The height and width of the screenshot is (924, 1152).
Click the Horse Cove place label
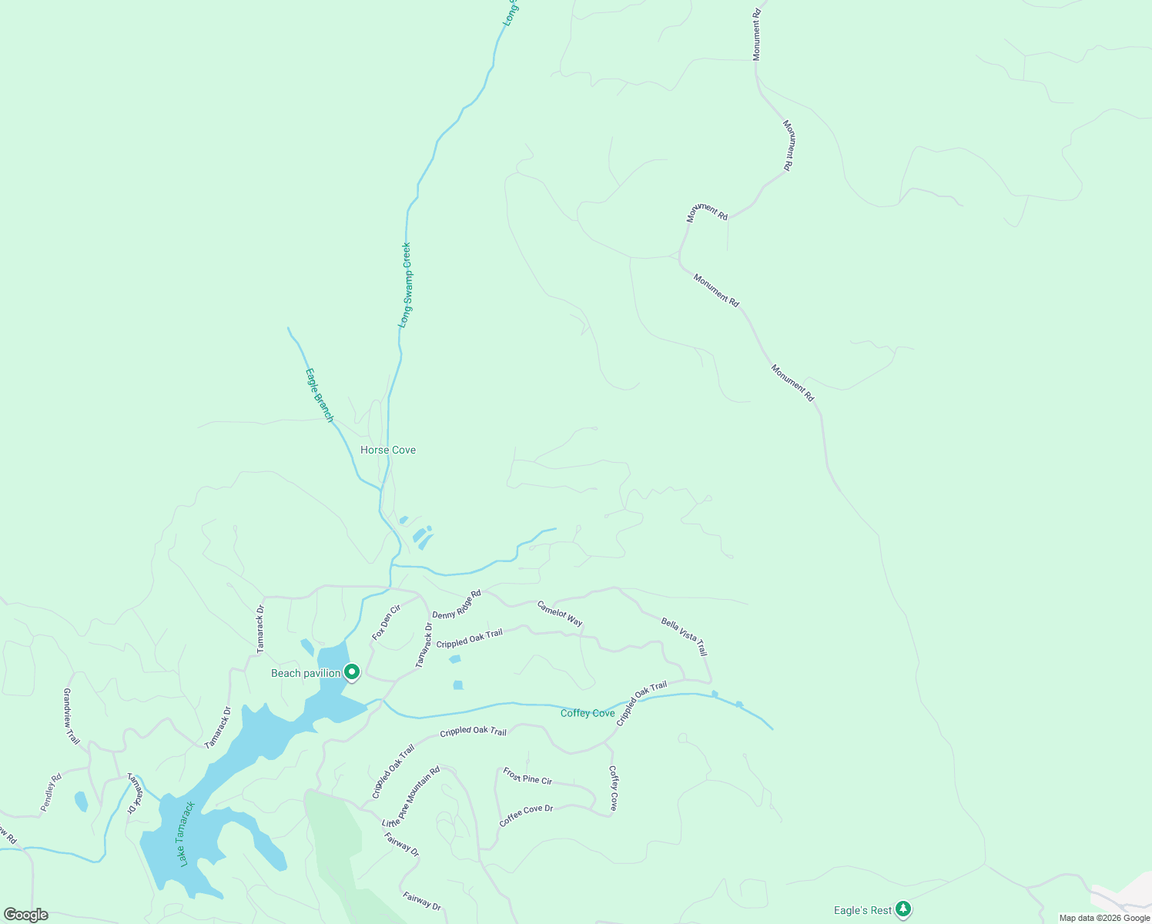[388, 450]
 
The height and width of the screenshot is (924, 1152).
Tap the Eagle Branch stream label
[319, 395]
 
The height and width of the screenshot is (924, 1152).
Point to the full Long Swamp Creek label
[405, 285]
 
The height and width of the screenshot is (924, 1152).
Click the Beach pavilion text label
[306, 673]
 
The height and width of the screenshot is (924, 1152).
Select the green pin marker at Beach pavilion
[352, 672]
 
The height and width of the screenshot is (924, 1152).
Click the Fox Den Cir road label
[387, 622]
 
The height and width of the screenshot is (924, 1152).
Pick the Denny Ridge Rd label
[456, 604]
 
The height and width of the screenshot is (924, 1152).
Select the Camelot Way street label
[560, 613]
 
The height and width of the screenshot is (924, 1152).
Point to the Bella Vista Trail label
[684, 636]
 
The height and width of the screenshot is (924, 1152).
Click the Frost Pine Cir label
[527, 775]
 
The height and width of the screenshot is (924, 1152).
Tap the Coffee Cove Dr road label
[526, 815]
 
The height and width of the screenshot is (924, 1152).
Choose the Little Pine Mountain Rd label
[411, 796]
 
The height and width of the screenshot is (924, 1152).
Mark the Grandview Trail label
[71, 716]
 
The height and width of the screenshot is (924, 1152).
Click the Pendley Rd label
[51, 792]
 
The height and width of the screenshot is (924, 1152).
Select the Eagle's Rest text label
[862, 910]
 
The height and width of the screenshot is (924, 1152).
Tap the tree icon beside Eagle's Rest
[903, 909]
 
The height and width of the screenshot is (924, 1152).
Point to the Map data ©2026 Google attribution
[1104, 918]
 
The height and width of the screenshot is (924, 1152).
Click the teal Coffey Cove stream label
[588, 713]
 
